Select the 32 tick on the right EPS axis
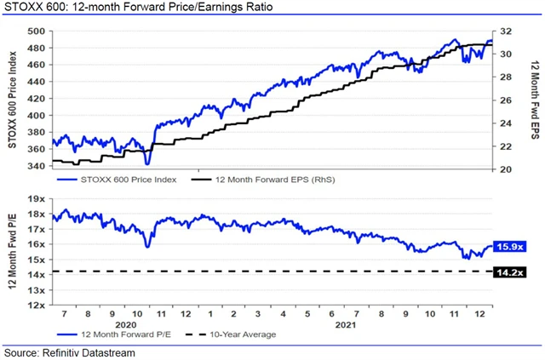click(506, 31)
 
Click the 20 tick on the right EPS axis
click(506, 169)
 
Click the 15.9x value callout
click(510, 247)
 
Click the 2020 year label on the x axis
click(126, 324)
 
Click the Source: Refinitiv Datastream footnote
click(70, 352)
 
